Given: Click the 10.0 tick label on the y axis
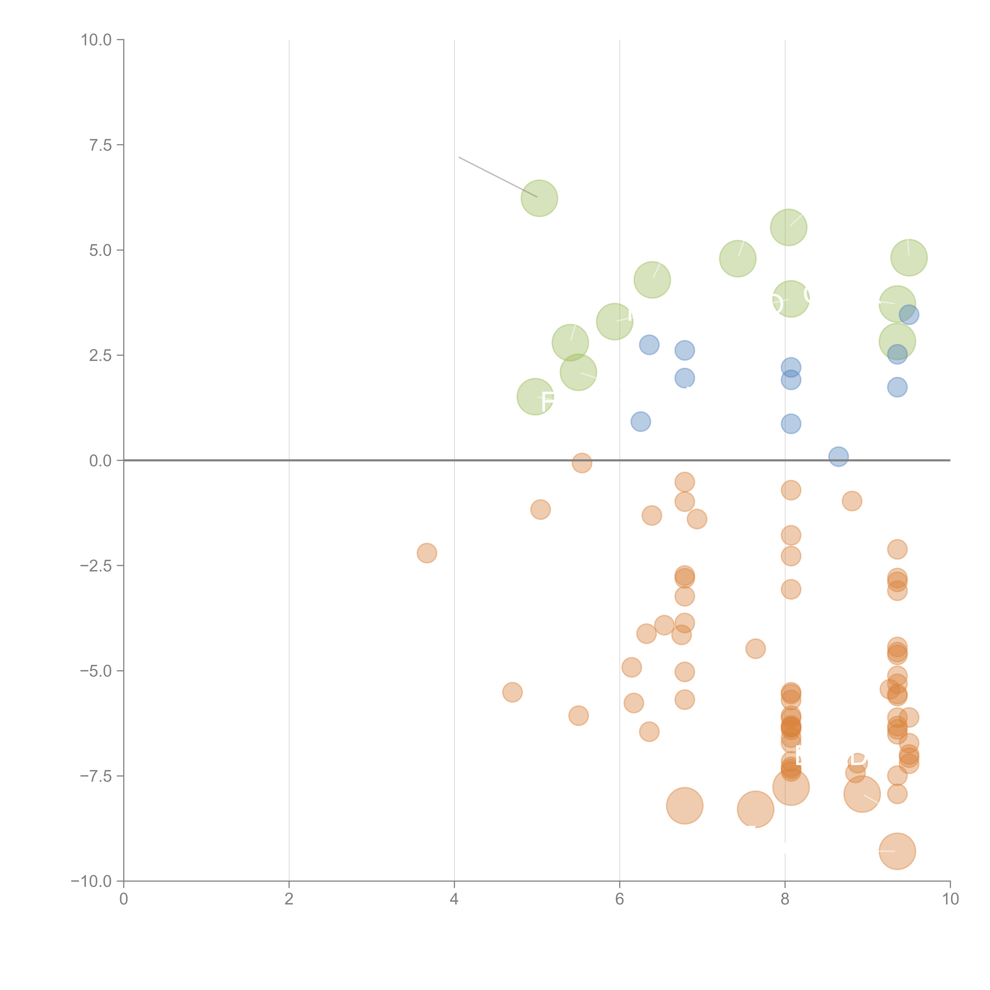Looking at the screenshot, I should (96, 40).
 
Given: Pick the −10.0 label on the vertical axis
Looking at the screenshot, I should (92, 881).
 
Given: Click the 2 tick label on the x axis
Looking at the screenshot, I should (289, 899).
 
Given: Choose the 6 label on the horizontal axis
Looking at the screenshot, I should (620, 899).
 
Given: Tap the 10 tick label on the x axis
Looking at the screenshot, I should (950, 899).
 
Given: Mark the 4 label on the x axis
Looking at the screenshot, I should (454, 899).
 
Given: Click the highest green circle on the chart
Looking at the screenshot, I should (539, 198).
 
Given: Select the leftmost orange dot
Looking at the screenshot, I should (427, 553).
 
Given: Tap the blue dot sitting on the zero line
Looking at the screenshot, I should (838, 456).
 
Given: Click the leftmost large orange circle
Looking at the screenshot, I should (685, 806).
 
